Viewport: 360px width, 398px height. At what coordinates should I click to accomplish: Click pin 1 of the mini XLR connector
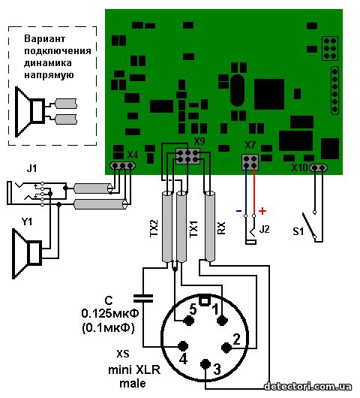click(x=222, y=321)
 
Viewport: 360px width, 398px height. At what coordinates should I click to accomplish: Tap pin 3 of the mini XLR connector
click(x=205, y=364)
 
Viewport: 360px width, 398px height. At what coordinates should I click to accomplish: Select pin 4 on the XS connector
click(x=183, y=346)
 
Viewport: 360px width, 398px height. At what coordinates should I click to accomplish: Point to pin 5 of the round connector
click(x=188, y=321)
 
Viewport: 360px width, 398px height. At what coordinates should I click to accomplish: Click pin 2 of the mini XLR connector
click(x=226, y=348)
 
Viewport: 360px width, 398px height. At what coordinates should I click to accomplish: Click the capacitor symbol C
click(x=143, y=299)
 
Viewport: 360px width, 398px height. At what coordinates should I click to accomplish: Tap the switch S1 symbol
click(x=309, y=225)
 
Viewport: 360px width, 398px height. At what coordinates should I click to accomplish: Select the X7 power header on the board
click(x=250, y=162)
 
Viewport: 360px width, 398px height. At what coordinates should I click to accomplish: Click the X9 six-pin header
click(x=187, y=156)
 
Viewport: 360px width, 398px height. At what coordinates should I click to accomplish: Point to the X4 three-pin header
click(x=122, y=166)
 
